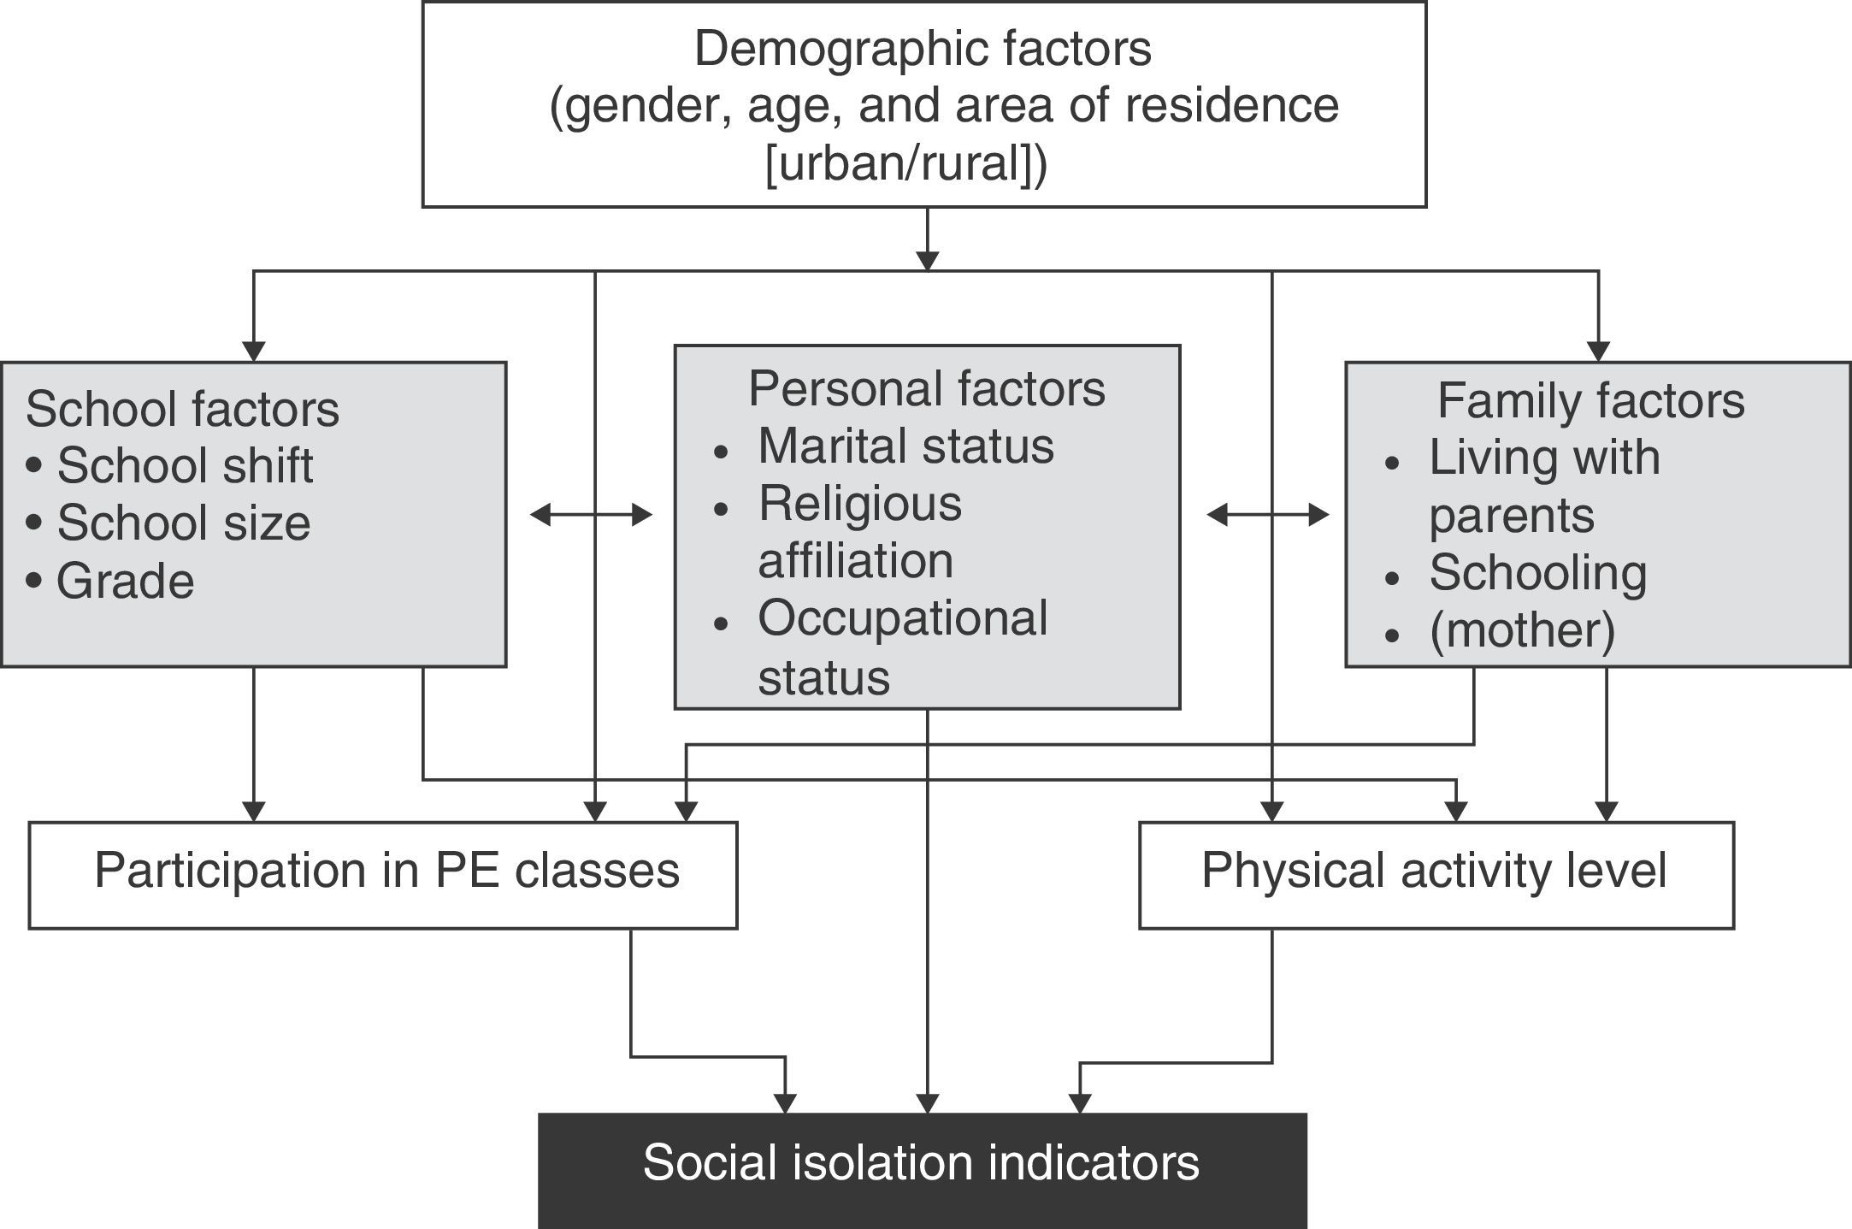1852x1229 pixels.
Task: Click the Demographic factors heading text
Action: pyautogui.click(x=923, y=48)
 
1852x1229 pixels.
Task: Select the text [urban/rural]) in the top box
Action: pyautogui.click(x=905, y=162)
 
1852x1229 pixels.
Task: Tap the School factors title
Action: pyautogui.click(x=182, y=409)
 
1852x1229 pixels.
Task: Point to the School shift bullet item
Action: pyautogui.click(x=184, y=465)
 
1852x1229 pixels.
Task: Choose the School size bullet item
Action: pyautogui.click(x=183, y=523)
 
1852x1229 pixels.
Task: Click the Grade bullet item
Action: pyautogui.click(x=125, y=582)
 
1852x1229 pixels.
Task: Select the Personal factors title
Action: pyautogui.click(x=926, y=388)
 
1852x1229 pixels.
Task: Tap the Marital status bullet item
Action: pyautogui.click(x=905, y=446)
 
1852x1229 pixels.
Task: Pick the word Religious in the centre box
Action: pyautogui.click(x=859, y=504)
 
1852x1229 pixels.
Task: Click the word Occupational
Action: pyautogui.click(x=902, y=618)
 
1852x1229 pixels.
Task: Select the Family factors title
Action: pyautogui.click(x=1590, y=400)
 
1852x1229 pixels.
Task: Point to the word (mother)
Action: pyautogui.click(x=1522, y=630)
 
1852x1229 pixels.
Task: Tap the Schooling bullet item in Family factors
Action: pyautogui.click(x=1537, y=573)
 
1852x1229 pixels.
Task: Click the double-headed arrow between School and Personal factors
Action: pyautogui.click(x=591, y=515)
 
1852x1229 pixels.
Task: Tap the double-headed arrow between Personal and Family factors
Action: pyautogui.click(x=1268, y=515)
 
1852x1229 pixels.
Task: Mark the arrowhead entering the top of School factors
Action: pyautogui.click(x=253, y=352)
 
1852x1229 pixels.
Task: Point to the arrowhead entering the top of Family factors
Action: pyautogui.click(x=1598, y=352)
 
